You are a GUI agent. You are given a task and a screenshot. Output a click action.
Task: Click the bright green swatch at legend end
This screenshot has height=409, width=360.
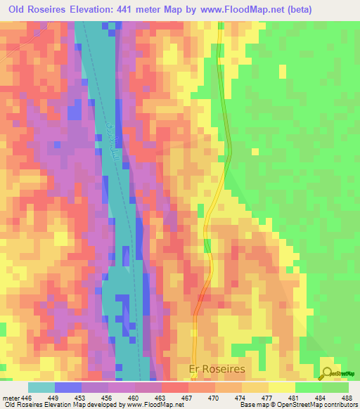(335, 387)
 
